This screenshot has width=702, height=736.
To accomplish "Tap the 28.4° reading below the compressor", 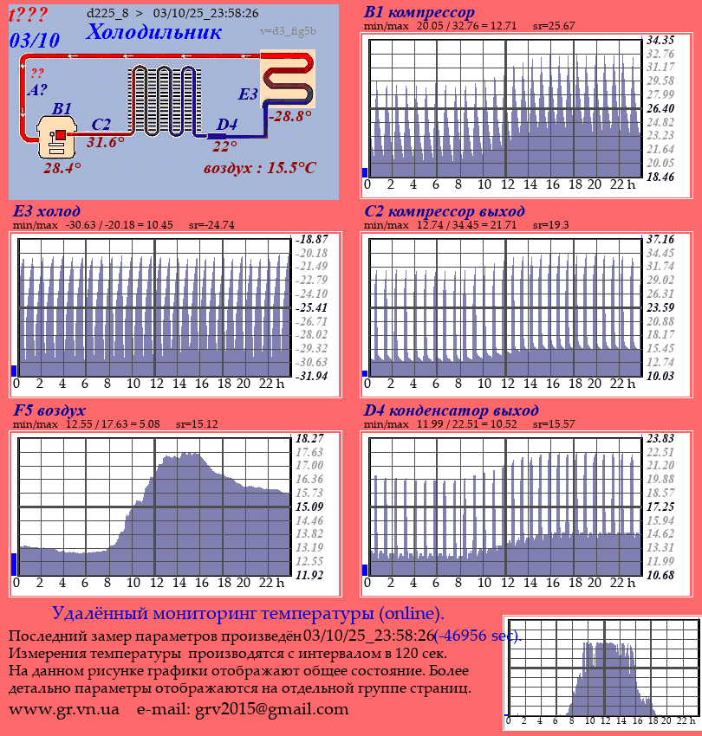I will point(62,168).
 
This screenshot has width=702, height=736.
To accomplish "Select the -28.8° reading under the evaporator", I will point(289,115).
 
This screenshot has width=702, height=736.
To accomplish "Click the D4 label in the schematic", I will point(226,125).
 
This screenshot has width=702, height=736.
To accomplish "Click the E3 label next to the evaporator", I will point(248,94).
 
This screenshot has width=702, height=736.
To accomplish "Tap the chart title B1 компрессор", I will point(419,13).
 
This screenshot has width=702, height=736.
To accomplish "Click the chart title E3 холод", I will point(47,211).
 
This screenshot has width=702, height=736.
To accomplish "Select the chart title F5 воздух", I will point(49,410).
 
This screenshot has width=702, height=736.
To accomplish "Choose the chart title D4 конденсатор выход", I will point(451,410).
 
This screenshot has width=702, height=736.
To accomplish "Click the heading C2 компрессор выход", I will point(444,211).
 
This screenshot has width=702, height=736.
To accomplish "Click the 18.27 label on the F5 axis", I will point(309,438).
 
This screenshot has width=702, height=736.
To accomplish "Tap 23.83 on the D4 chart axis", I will point(660,438).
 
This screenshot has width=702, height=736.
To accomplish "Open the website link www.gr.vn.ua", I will point(64,710).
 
